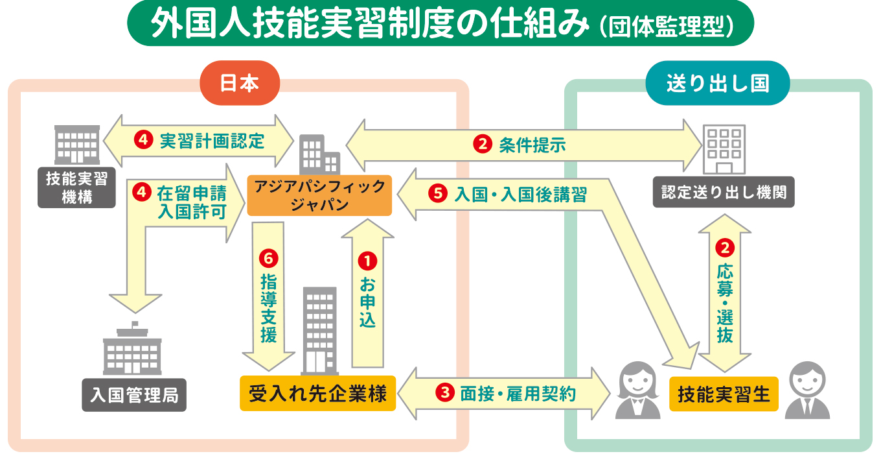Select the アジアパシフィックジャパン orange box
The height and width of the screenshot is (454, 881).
(x=320, y=196)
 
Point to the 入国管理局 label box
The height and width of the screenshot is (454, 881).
(x=134, y=395)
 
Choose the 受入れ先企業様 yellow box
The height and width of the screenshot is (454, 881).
(x=317, y=393)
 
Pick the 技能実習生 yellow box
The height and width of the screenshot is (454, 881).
(x=724, y=394)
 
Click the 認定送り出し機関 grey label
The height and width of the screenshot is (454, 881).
(x=724, y=193)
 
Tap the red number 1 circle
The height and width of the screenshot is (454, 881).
(x=367, y=261)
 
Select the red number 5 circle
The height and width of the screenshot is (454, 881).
(x=439, y=193)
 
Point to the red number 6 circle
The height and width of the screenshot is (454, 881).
(x=268, y=258)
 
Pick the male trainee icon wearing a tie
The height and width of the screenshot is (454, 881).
(x=807, y=390)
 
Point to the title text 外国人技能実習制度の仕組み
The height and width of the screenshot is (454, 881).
(x=370, y=24)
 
